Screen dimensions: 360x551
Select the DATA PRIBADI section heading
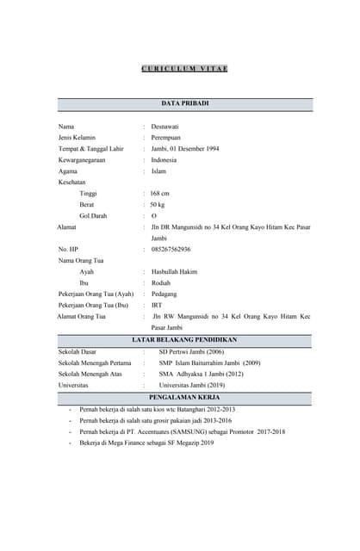point(185,103)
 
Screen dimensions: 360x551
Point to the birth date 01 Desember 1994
point(196,149)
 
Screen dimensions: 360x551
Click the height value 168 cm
point(160,194)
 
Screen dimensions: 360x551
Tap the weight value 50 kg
point(158,205)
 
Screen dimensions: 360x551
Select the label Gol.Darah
point(93,216)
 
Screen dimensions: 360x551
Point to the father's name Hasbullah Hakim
point(175,272)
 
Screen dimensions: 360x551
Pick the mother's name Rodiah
point(161,283)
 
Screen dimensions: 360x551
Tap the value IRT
point(156,306)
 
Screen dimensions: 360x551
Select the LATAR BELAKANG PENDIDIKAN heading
point(184,340)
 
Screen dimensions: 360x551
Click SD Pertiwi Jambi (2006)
point(191,352)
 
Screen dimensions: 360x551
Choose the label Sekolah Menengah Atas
point(90,375)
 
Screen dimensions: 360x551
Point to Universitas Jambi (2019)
point(196,386)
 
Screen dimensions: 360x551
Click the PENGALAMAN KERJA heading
point(184,398)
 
